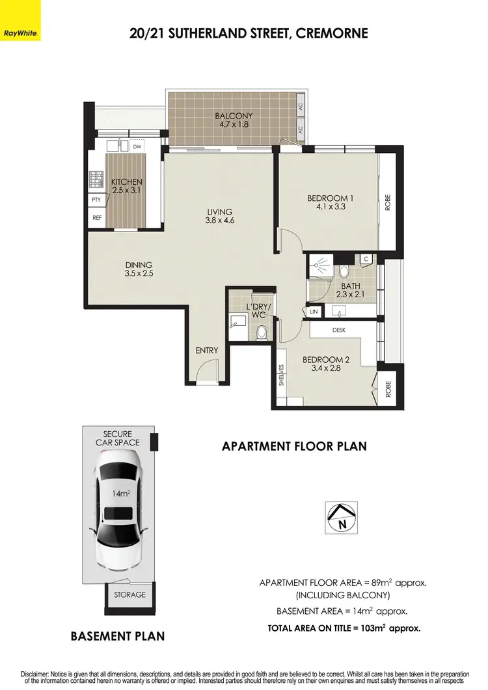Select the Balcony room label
(234, 116)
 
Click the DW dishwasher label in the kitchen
(137, 147)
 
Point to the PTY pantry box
(96, 200)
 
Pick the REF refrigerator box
(96, 218)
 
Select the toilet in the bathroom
(344, 271)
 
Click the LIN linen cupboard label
(314, 312)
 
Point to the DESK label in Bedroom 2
(339, 330)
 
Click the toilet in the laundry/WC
(261, 333)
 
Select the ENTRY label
(207, 351)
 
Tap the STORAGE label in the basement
(129, 594)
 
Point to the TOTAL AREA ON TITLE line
(344, 628)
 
